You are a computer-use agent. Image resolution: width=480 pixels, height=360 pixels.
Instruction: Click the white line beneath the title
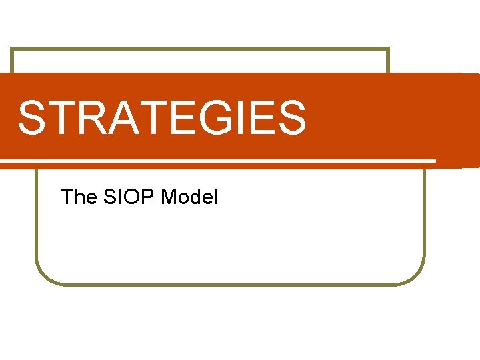point(220,161)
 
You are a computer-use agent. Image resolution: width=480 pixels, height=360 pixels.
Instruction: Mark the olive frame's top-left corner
point(12,49)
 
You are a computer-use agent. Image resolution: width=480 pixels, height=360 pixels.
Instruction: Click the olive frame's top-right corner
point(388,49)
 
